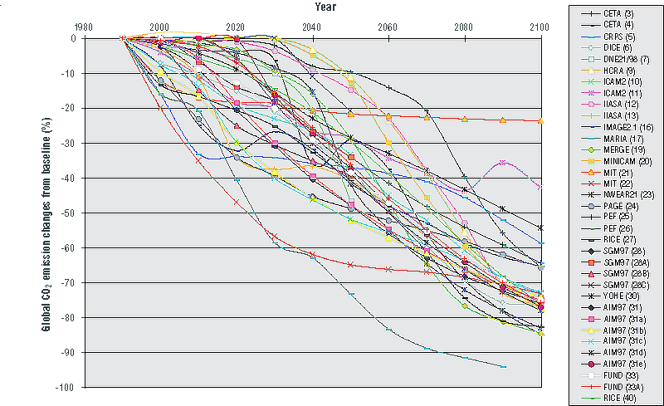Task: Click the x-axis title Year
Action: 313,7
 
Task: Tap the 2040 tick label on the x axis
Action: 312,27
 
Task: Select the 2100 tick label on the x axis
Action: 540,27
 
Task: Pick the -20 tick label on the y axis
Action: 66,108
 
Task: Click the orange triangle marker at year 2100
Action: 541,121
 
